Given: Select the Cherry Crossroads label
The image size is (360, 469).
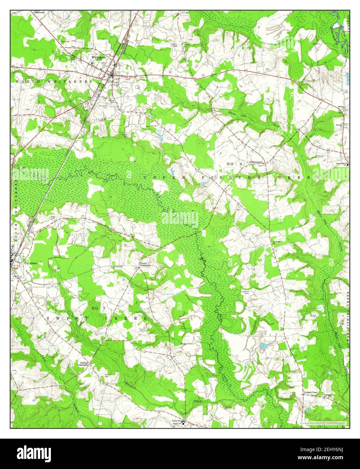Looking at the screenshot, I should tap(145, 265).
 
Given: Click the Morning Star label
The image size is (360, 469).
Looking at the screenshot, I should tap(118, 267).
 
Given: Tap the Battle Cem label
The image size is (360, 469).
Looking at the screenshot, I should tap(175, 45).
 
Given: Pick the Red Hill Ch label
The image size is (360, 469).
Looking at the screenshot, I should tap(340, 125).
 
